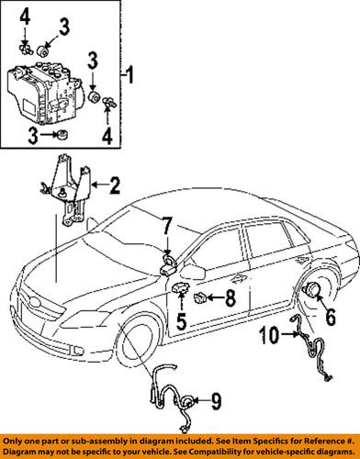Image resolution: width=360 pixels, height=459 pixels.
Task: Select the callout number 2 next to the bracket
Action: (116, 189)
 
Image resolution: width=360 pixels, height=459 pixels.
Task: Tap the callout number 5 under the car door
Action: (181, 322)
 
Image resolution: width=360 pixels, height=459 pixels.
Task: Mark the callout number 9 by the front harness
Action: (217, 400)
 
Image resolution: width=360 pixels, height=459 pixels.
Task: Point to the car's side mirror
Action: (197, 273)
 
